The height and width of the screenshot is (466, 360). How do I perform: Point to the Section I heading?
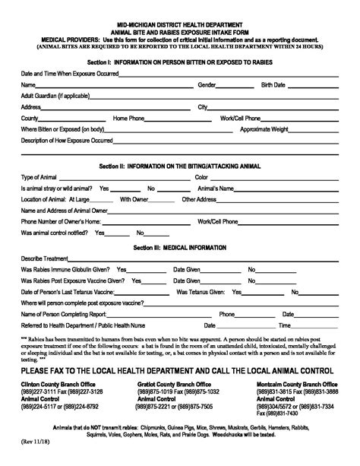pyautogui.click(x=181, y=62)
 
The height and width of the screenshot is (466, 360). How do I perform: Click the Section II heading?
pyautogui.click(x=181, y=164)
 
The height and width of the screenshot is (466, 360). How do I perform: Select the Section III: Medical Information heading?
pyautogui.click(x=179, y=247)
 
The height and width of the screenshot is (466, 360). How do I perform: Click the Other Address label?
pyautogui.click(x=201, y=199)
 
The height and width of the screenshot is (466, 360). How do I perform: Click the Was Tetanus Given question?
pyautogui.click(x=204, y=291)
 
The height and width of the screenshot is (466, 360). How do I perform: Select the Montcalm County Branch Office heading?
pyautogui.click(x=298, y=363)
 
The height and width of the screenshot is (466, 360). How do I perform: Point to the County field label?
pyautogui.click(x=30, y=119)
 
